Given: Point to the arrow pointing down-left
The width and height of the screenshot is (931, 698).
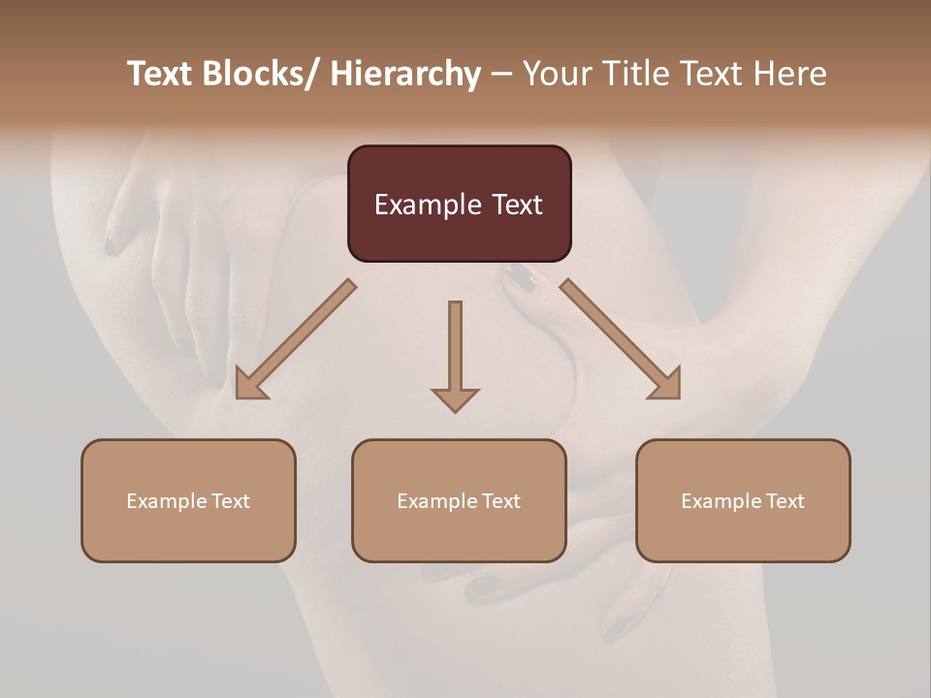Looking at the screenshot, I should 296,340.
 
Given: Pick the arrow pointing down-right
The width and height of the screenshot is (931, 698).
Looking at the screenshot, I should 620,338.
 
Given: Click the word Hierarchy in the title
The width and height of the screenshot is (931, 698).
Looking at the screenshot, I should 405,74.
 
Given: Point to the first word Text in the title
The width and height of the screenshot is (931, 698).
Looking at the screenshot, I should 160,74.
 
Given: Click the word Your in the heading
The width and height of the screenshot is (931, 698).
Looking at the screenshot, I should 556,74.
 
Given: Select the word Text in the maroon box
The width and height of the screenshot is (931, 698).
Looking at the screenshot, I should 517,206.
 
